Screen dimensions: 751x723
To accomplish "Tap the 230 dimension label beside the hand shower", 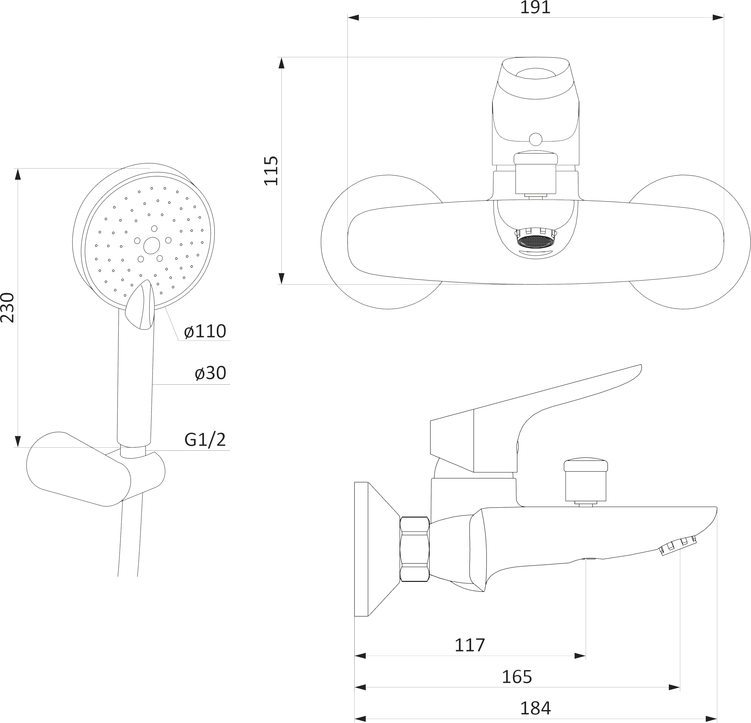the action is click(x=7, y=307).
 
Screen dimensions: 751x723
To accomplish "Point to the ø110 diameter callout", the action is click(x=205, y=331).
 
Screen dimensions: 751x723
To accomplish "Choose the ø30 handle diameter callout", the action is click(x=210, y=373).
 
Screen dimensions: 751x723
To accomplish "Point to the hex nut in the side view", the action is click(x=415, y=549).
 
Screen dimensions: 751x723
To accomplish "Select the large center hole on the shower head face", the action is click(x=152, y=244).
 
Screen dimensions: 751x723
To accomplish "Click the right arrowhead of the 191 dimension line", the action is click(x=718, y=18).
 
